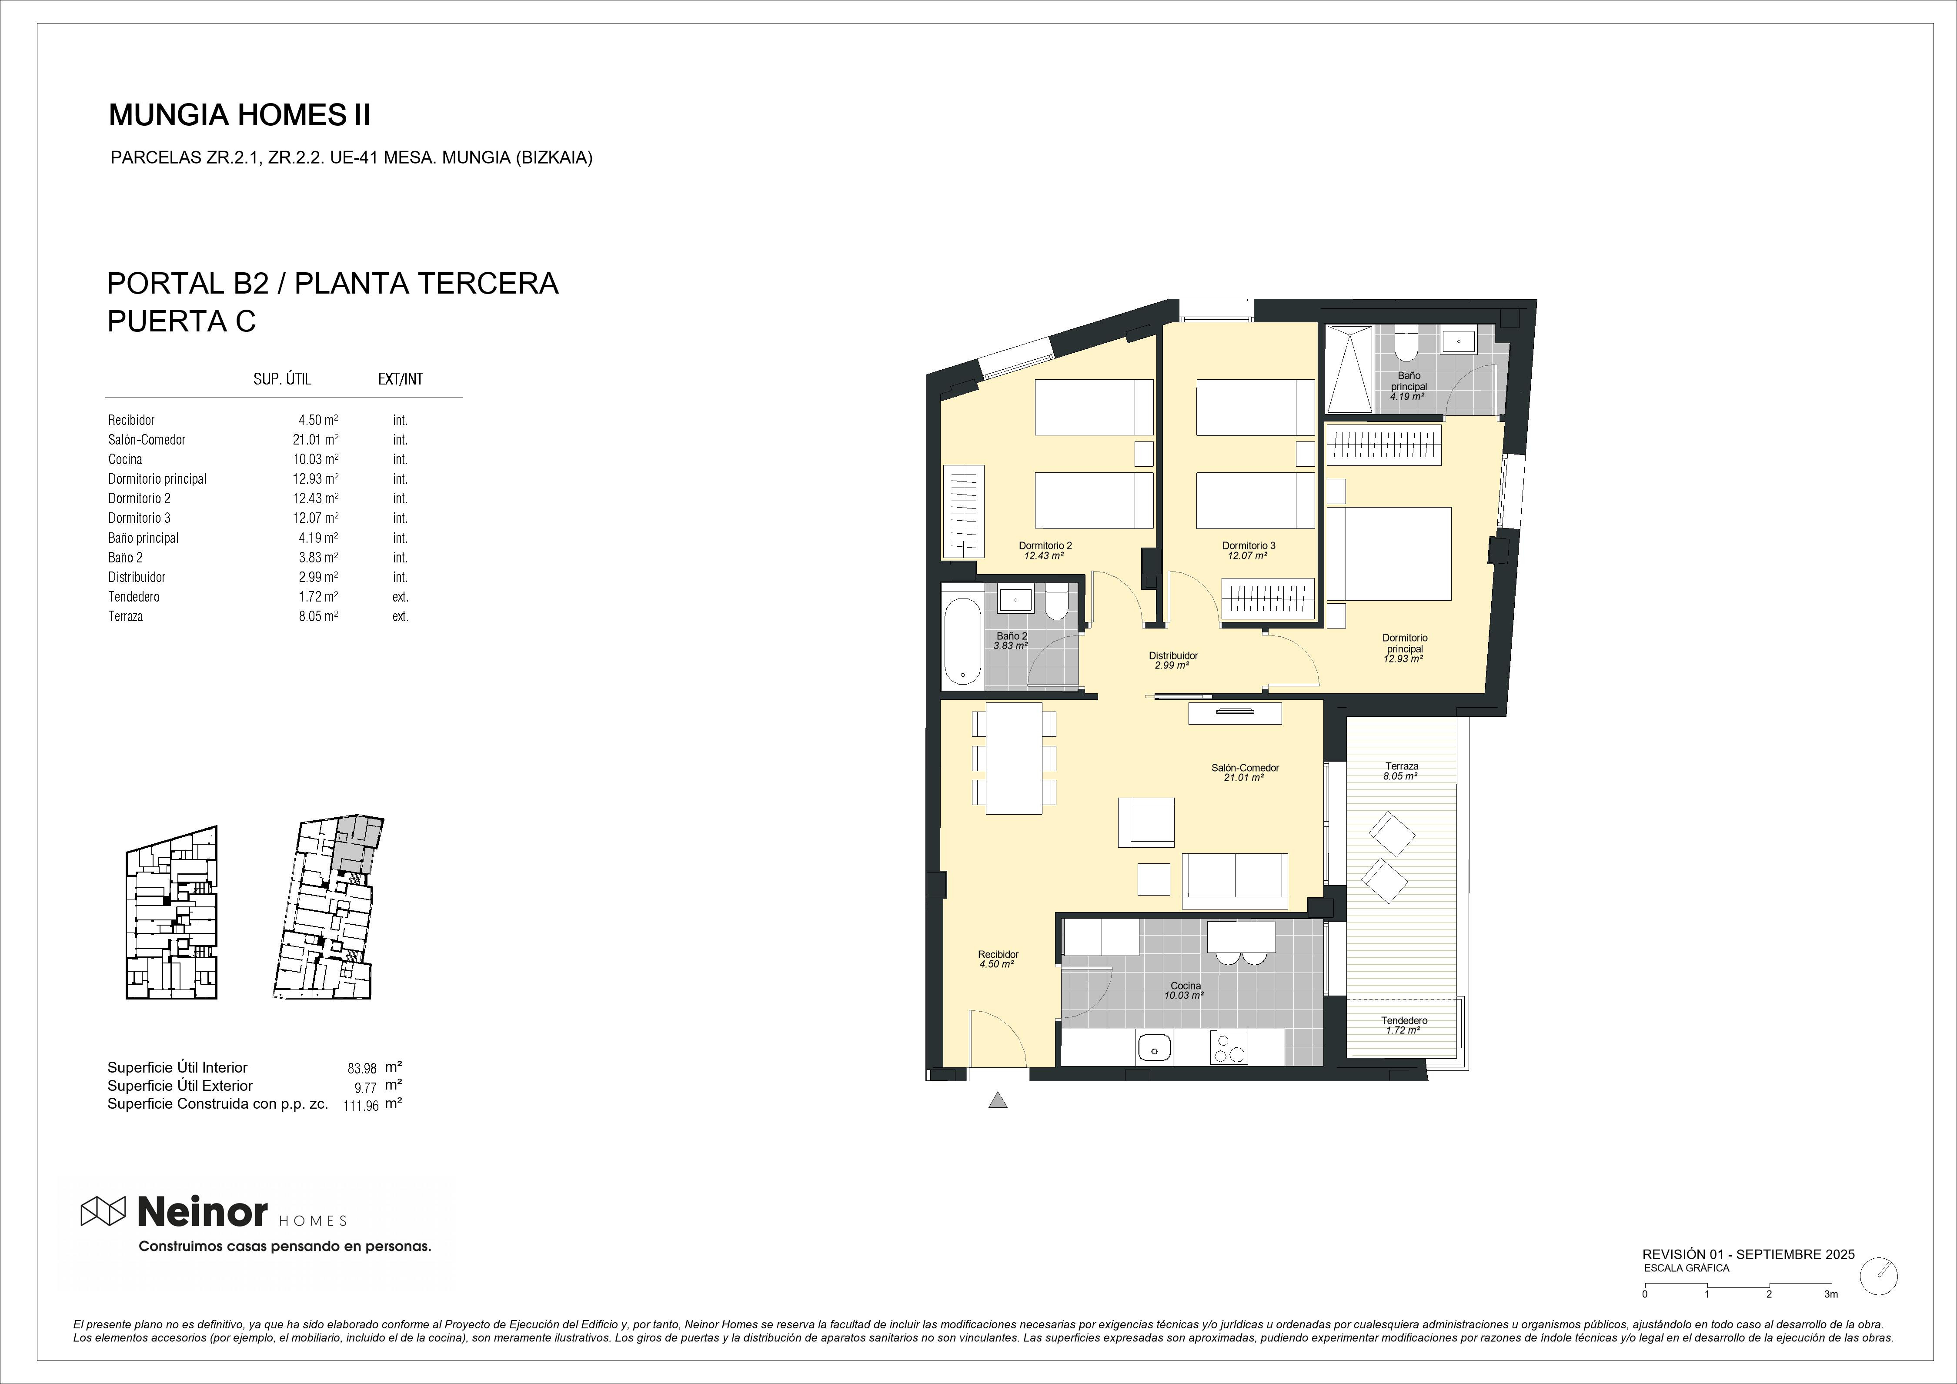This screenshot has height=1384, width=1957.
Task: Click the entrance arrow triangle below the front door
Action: tap(997, 1100)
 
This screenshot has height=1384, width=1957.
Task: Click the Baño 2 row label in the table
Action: tap(125, 557)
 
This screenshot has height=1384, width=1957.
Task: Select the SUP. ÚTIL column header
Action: tap(282, 379)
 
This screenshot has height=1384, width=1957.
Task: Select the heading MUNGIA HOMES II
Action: tap(240, 115)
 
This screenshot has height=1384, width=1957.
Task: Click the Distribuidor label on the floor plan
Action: tap(1173, 655)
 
